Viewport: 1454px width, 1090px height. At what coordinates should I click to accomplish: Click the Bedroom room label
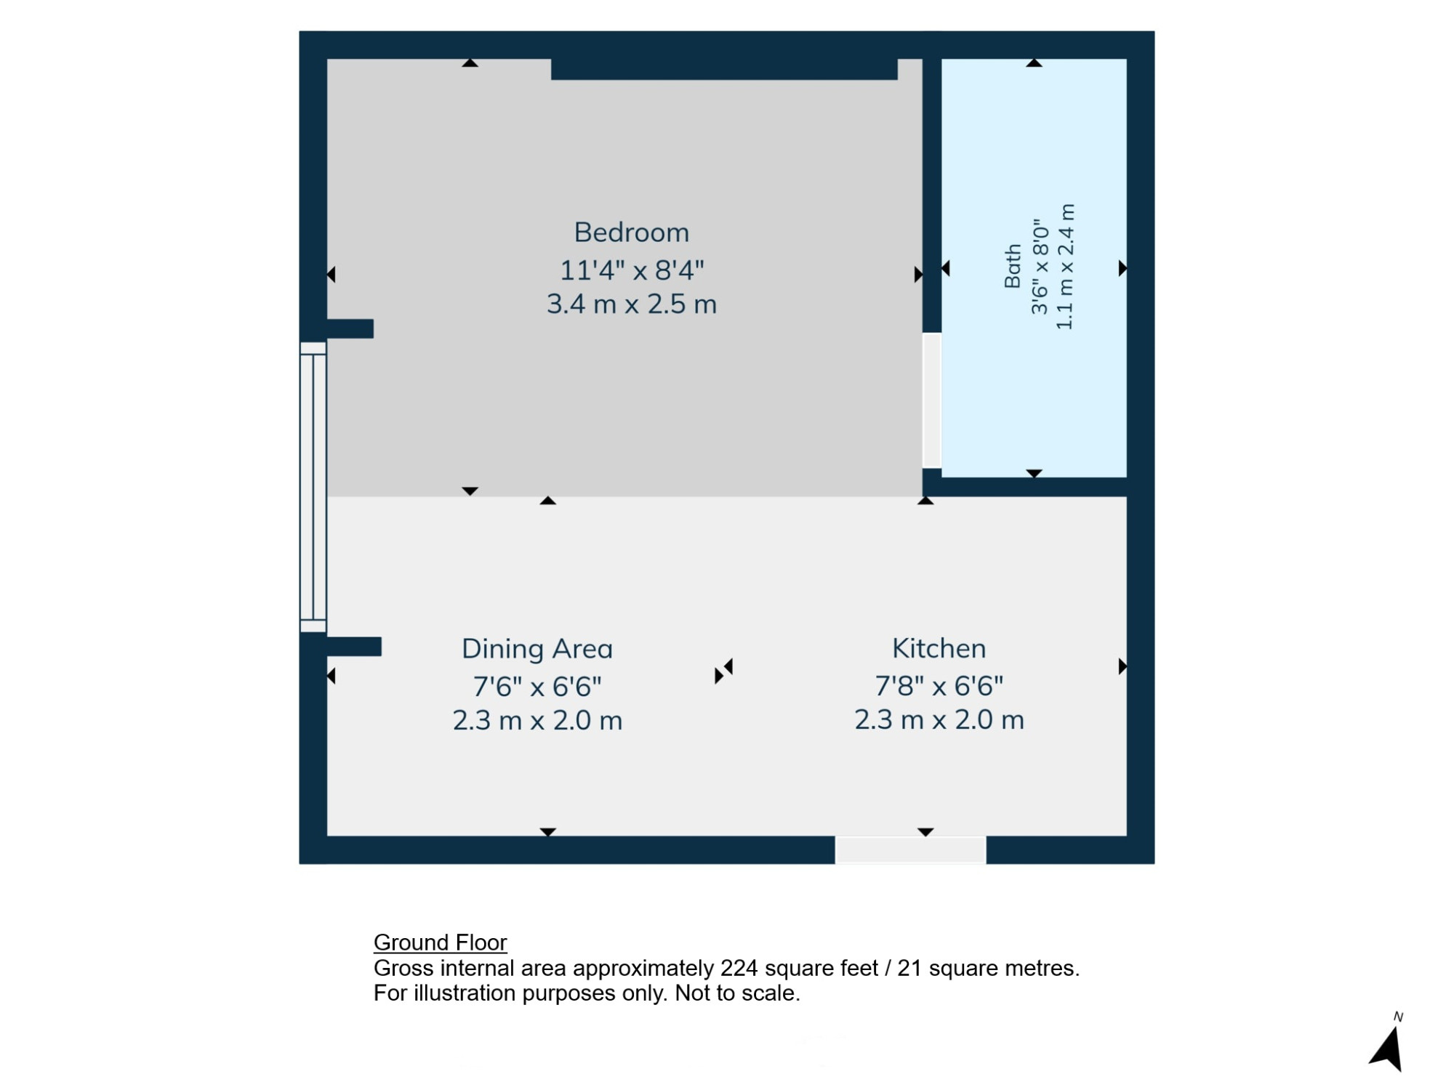coord(632,233)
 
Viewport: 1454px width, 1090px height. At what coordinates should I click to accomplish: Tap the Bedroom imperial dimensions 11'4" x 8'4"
coord(632,270)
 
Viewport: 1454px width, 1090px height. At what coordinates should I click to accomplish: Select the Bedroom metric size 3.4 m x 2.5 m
coord(632,304)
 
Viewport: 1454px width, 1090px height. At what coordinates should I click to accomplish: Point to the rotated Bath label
coord(1013,267)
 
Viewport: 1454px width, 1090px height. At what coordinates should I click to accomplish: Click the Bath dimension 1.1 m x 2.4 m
coord(1065,267)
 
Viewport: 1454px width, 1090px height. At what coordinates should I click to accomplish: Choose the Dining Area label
coord(537,649)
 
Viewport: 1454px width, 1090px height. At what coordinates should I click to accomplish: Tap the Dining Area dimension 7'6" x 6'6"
coord(537,686)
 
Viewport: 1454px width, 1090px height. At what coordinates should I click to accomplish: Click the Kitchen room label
coord(939,648)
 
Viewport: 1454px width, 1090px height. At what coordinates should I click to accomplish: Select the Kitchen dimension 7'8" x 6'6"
coord(939,685)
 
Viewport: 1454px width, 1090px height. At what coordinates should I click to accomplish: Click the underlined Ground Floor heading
coord(440,942)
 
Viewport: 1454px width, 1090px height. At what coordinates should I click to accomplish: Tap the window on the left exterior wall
coord(313,487)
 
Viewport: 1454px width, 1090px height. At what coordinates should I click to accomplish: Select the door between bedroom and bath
coord(932,400)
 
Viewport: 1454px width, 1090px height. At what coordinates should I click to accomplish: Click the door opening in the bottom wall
coord(910,849)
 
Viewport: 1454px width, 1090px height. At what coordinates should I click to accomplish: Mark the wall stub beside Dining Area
coord(354,647)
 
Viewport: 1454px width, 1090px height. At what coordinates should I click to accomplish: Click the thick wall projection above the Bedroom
coord(724,69)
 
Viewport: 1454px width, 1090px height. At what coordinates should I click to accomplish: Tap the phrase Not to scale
coord(737,993)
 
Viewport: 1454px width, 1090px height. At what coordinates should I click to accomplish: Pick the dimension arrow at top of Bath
coord(1034,63)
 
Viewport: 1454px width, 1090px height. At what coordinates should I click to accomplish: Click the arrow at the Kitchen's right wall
coord(1122,666)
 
